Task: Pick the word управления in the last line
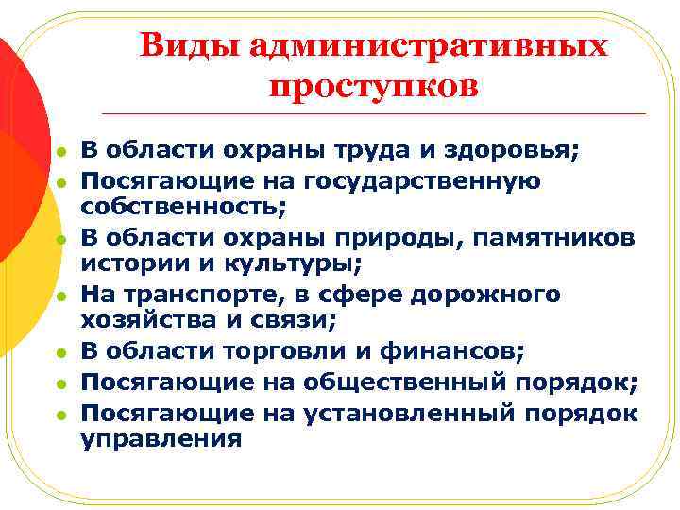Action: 161,440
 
